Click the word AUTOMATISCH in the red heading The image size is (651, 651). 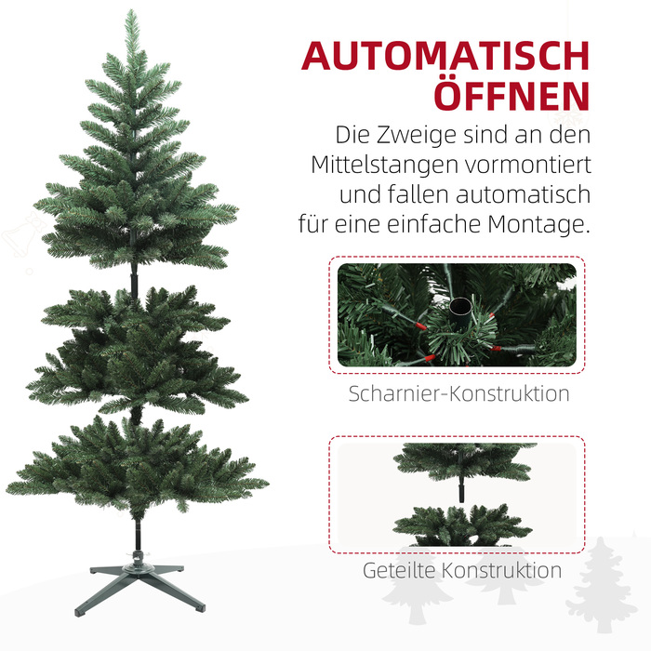click(445, 56)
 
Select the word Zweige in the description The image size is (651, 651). click(417, 135)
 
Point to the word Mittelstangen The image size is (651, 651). click(384, 165)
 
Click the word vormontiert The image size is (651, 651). click(528, 165)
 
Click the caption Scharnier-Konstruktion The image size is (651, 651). click(458, 393)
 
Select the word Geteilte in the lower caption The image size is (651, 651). click(399, 570)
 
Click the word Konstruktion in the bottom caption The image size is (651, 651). click(501, 570)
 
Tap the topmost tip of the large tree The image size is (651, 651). click(132, 10)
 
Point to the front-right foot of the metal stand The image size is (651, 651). click(199, 607)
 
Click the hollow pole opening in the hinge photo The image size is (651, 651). click(460, 306)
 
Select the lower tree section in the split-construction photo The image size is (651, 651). click(462, 525)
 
